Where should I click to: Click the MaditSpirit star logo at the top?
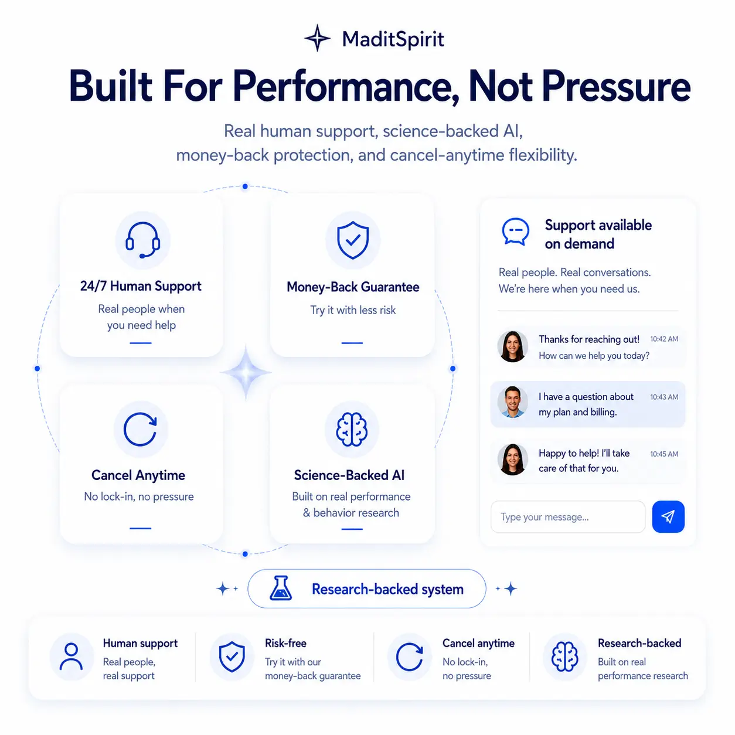tap(317, 38)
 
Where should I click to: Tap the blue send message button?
tap(668, 516)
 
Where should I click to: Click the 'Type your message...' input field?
tap(567, 517)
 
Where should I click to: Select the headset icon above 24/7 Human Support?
tap(142, 240)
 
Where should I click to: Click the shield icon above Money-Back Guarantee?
tap(353, 240)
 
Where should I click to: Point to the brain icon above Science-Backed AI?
tap(352, 429)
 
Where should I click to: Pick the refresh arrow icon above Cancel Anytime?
tap(140, 429)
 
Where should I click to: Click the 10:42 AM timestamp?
tap(664, 339)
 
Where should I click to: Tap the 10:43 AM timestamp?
tap(664, 397)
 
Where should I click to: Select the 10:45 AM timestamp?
tap(664, 454)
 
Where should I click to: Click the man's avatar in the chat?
tap(513, 402)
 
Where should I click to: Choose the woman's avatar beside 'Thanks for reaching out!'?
tap(513, 346)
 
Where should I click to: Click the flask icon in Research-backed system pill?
tap(281, 588)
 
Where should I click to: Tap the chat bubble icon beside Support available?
tap(515, 232)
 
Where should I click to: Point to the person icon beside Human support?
tap(71, 656)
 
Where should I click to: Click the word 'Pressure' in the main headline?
tap(616, 86)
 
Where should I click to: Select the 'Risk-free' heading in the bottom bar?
tap(285, 643)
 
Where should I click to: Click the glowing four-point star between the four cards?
tap(246, 372)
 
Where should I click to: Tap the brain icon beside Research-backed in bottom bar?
tap(564, 656)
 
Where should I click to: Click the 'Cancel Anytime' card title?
tap(138, 475)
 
